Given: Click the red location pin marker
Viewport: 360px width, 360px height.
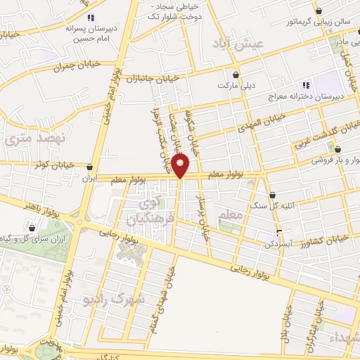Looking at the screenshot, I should tap(181, 165).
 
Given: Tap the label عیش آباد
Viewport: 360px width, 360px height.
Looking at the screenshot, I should tap(241, 44).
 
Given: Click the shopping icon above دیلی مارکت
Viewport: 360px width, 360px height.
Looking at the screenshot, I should tap(235, 74).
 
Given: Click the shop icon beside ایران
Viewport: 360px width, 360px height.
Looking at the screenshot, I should tap(89, 167).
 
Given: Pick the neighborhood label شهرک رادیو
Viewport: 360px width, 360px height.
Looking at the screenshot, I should tap(120, 299).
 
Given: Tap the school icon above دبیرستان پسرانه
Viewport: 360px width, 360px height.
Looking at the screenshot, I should tap(89, 18).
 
